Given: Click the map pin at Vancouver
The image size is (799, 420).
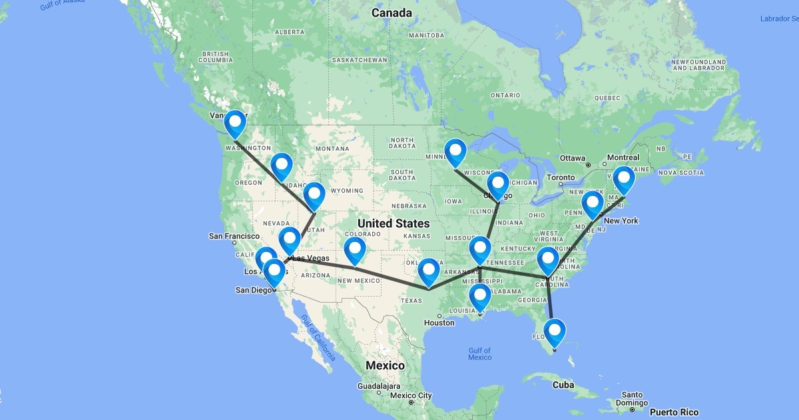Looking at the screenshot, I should [x=235, y=123].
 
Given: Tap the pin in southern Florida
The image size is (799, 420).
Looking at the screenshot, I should [x=555, y=331].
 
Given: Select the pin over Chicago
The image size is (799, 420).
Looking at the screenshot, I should [x=497, y=184].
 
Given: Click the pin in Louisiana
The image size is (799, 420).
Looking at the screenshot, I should [x=479, y=296].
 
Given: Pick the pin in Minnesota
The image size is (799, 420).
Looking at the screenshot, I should [x=455, y=151].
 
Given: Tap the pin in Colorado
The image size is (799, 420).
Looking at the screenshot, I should [x=356, y=251].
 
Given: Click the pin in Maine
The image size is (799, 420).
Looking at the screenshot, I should [x=624, y=179].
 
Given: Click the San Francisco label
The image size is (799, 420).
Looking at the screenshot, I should [x=234, y=236].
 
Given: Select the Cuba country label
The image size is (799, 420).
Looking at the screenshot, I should [x=563, y=385].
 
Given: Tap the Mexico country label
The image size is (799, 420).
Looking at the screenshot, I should [x=385, y=365].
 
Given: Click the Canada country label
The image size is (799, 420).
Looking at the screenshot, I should [x=392, y=13].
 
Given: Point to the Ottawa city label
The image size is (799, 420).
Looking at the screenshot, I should [x=572, y=158].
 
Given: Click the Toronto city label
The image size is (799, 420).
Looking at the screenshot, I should [x=561, y=178].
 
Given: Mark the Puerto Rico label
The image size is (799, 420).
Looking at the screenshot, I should [x=675, y=412].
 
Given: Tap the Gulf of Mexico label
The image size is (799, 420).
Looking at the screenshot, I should [x=479, y=354].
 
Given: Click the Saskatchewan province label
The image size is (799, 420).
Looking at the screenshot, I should [x=360, y=60].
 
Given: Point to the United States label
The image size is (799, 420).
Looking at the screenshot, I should [x=393, y=223].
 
